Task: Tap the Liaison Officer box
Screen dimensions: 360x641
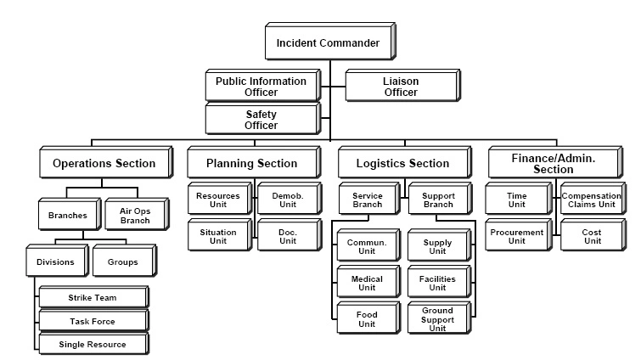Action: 400,86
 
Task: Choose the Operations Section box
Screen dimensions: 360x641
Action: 104,163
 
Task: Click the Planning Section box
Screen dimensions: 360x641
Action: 252,163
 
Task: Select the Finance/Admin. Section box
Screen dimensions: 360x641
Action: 554,163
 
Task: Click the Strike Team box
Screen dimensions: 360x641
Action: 93,298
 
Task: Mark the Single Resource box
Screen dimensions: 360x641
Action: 93,344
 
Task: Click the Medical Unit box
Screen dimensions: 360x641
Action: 366,283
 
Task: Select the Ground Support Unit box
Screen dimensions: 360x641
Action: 437,319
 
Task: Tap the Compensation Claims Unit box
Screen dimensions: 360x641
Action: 592,200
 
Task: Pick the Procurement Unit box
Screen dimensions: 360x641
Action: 516,236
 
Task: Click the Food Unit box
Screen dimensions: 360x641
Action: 366,319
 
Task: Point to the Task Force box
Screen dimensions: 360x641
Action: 93,321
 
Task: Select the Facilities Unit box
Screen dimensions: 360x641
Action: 437,283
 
